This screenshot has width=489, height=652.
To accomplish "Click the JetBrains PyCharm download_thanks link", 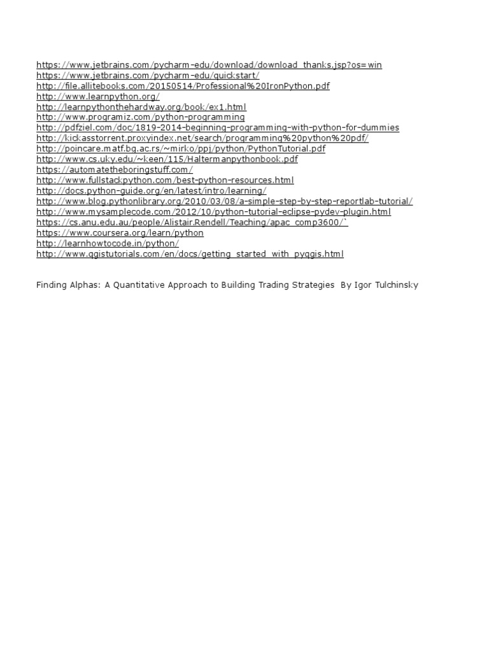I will pos(209,65).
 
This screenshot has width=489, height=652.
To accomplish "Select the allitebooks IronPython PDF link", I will pos(183,86).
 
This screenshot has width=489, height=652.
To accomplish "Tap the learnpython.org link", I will pos(98,96).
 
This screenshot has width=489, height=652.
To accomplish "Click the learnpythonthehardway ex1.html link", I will pos(141,107).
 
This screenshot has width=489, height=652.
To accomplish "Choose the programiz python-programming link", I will pos(140,117).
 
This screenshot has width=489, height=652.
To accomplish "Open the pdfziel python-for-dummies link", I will pos(218,128).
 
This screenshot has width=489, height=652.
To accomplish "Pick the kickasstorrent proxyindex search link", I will pos(202,138).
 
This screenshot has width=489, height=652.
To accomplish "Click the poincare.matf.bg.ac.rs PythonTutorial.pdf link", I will pos(181,149).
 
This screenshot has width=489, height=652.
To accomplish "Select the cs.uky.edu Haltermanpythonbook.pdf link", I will pos(167,159).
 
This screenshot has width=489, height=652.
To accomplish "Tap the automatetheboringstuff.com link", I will pos(115,170).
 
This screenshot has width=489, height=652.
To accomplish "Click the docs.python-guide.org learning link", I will pos(152,191).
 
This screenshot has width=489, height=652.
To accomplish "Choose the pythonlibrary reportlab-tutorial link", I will pos(224,201).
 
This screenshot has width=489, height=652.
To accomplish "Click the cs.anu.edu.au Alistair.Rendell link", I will pos(192,222).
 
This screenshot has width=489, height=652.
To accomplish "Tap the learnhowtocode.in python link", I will pos(108,243).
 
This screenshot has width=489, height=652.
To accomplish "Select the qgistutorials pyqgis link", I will pos(190,254).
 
